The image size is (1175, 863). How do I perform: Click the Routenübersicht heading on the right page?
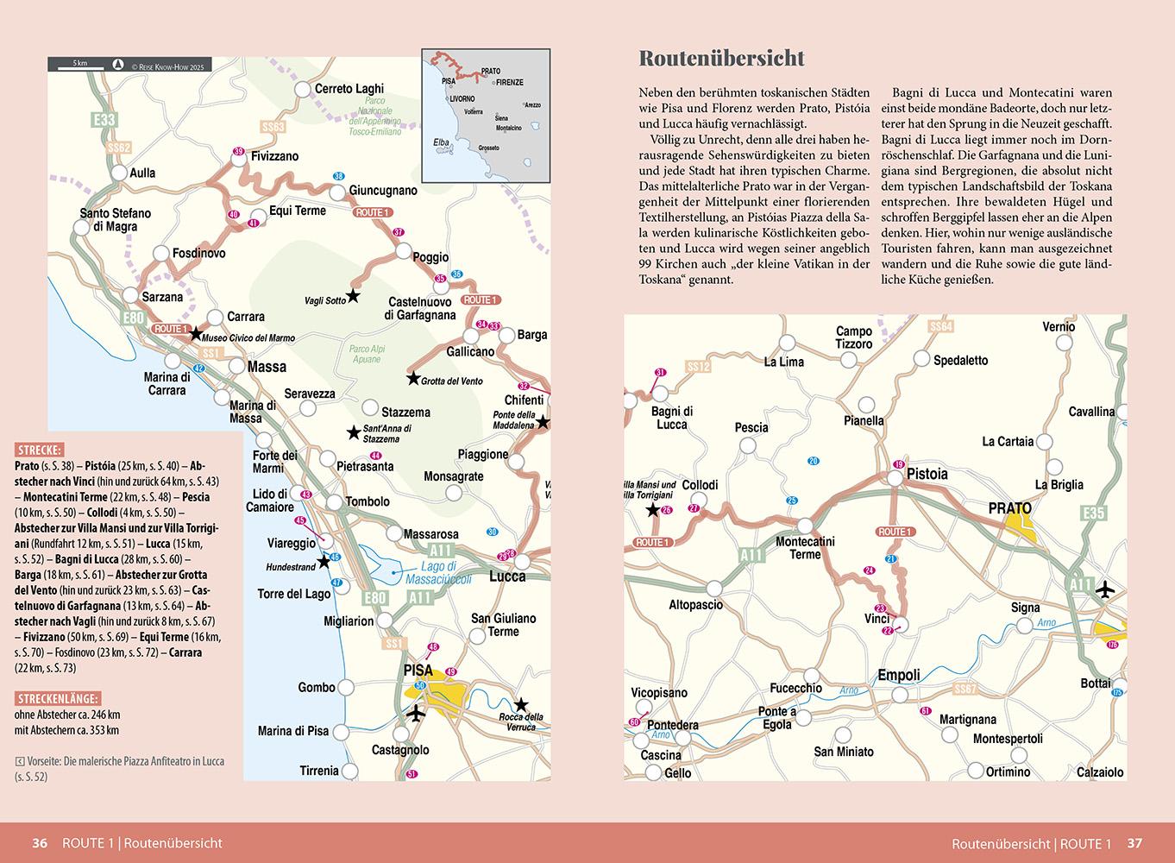(x=721, y=58)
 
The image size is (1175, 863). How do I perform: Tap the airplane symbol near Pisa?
(x=417, y=714)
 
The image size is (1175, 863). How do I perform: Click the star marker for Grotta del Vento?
(x=413, y=378)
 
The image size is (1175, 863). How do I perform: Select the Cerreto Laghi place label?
(x=349, y=89)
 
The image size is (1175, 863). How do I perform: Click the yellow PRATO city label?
(x=1010, y=508)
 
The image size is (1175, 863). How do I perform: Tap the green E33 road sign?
(x=104, y=120)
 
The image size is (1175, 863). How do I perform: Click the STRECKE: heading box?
(x=38, y=450)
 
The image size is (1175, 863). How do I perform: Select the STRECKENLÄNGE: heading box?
(x=57, y=698)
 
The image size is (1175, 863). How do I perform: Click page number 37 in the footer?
(x=1135, y=843)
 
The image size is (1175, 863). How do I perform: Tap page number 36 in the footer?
(x=40, y=843)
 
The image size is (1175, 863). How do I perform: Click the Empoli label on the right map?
(x=899, y=676)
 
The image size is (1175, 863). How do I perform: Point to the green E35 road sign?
(x=1093, y=513)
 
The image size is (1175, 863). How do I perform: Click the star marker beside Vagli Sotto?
(x=353, y=296)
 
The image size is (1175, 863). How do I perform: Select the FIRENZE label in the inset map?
(x=509, y=82)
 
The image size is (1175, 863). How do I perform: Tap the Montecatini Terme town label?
(x=805, y=547)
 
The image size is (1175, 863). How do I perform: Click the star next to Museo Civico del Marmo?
(x=196, y=334)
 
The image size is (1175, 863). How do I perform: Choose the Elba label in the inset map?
(x=442, y=142)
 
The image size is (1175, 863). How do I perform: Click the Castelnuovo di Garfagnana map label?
(x=422, y=308)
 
